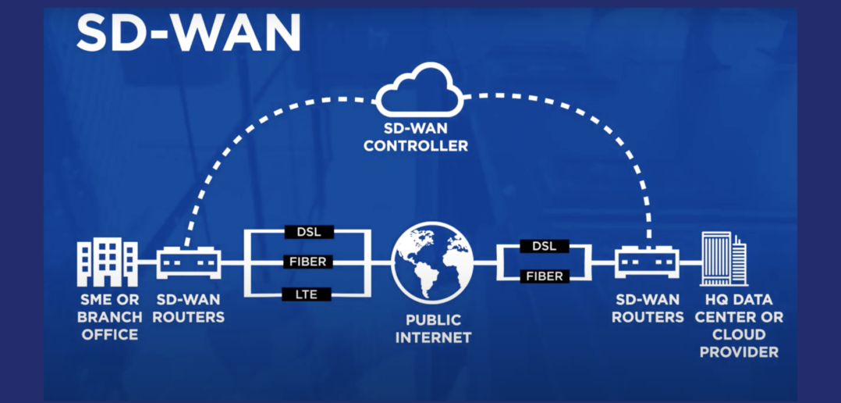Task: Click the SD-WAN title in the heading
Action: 188,33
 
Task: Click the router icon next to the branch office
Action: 190,262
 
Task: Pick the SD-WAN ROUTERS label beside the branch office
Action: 190,308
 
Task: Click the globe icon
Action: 432,262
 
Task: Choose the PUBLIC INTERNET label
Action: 433,329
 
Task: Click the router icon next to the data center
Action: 647,262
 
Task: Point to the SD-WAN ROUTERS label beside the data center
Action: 648,308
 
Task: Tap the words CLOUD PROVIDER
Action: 738,343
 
